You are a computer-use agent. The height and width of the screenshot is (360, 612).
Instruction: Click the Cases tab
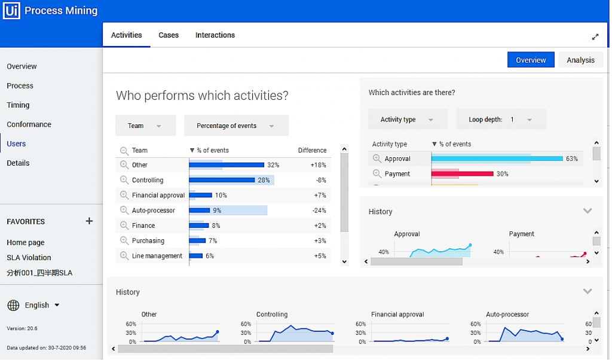pos(169,35)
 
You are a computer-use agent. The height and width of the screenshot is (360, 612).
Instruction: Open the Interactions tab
pos(215,35)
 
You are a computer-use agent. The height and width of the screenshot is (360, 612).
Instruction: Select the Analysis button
pos(580,60)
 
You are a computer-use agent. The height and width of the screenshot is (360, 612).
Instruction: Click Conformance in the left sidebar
pos(29,124)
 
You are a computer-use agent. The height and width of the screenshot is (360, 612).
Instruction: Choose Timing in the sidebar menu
pos(18,105)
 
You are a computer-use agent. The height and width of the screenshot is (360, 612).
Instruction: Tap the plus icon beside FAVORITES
pos(89,221)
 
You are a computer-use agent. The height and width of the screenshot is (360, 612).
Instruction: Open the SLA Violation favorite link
pos(29,258)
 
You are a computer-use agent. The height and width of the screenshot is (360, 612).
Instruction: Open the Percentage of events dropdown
pos(236,126)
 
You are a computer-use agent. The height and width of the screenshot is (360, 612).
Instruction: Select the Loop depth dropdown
pos(501,120)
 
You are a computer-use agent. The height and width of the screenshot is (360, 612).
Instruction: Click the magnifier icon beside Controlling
pos(124,180)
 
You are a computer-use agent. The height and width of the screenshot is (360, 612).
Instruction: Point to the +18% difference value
pos(318,165)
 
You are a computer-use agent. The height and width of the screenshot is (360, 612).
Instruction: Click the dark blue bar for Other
pos(227,165)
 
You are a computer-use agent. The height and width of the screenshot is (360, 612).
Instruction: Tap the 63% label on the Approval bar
pos(572,159)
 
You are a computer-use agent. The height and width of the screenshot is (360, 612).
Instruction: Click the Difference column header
pos(312,151)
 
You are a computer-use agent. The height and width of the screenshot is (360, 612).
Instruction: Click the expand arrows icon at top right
pos(595,37)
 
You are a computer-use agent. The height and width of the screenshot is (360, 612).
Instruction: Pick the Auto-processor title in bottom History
pos(507,315)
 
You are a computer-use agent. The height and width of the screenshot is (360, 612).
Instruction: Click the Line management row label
pos(157,256)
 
